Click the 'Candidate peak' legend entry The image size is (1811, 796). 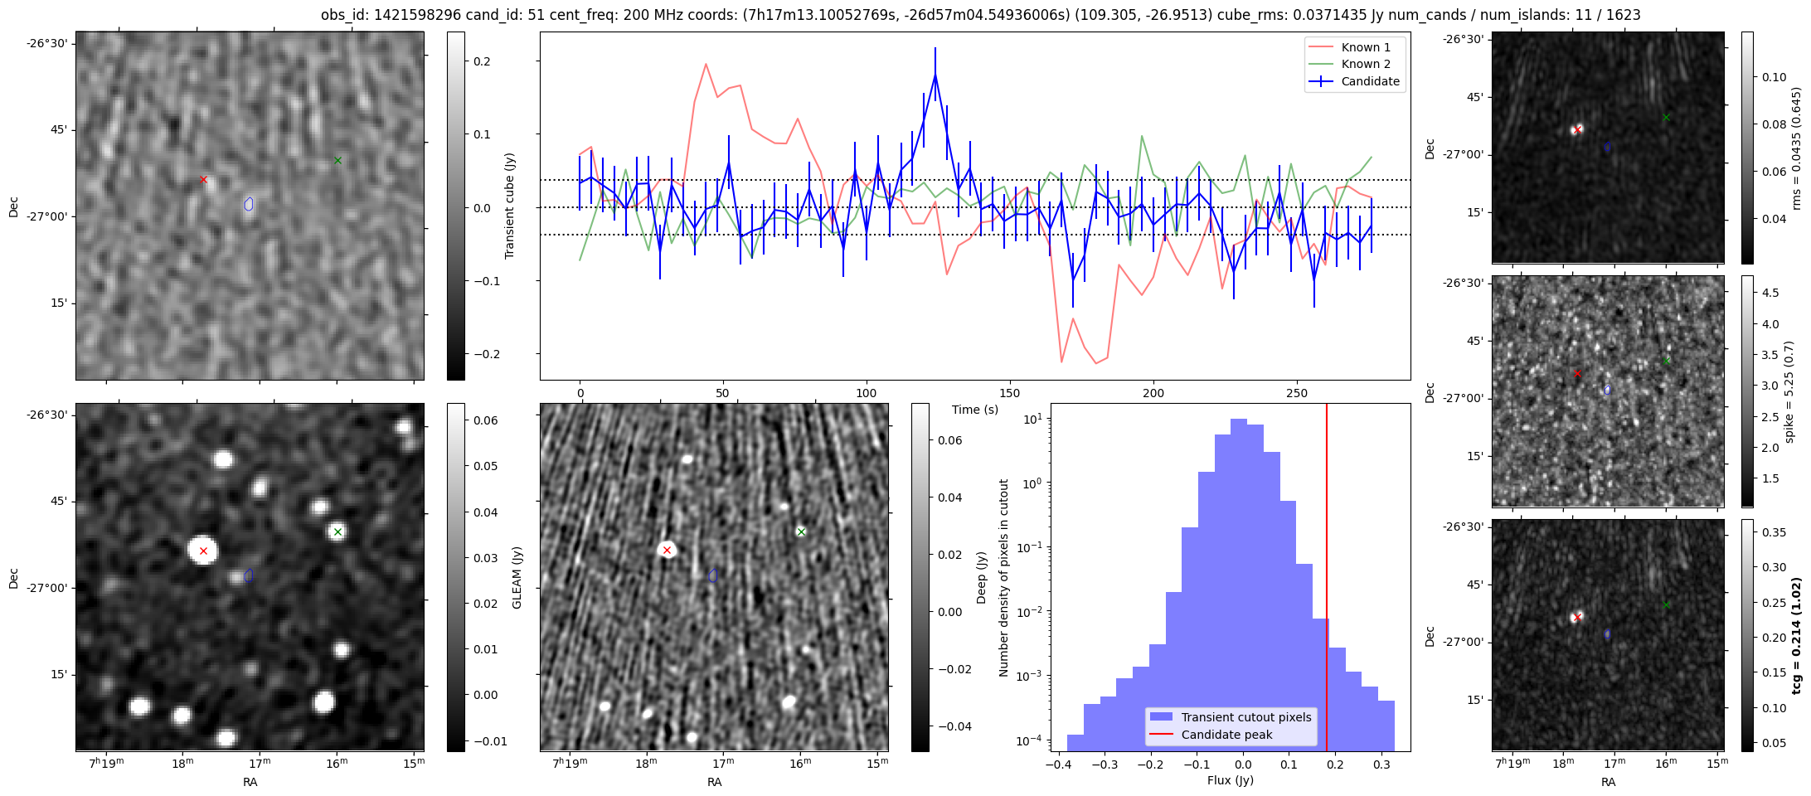(x=1226, y=735)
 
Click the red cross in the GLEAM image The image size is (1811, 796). (x=203, y=551)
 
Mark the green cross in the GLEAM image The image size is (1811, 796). (x=337, y=532)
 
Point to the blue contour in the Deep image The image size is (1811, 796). (x=713, y=575)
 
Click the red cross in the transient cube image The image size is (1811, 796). (x=203, y=179)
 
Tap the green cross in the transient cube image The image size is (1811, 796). (x=337, y=160)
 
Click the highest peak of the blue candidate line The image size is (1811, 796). (x=935, y=75)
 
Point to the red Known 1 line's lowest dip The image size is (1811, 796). (x=1061, y=362)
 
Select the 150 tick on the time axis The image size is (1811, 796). (x=1010, y=393)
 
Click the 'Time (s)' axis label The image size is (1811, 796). (x=975, y=410)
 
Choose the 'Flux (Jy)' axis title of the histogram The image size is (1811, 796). (x=1231, y=780)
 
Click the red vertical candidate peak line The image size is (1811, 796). (x=1327, y=580)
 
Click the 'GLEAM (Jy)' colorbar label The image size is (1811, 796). (x=517, y=577)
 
